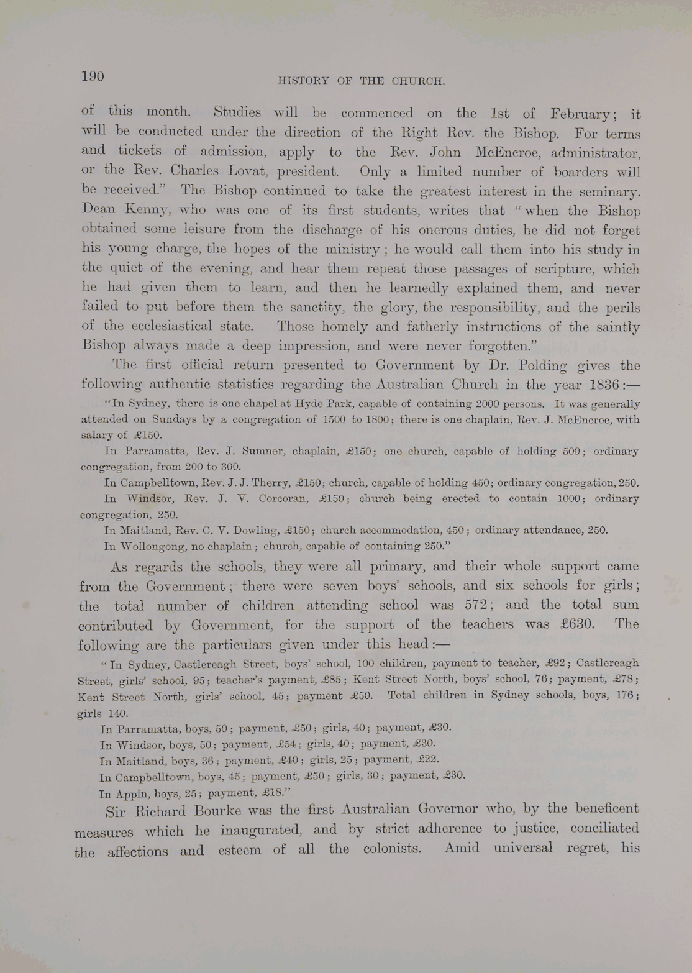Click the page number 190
pos(92,76)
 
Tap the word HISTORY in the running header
pos(303,80)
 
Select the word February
pos(580,114)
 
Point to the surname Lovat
pos(253,170)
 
